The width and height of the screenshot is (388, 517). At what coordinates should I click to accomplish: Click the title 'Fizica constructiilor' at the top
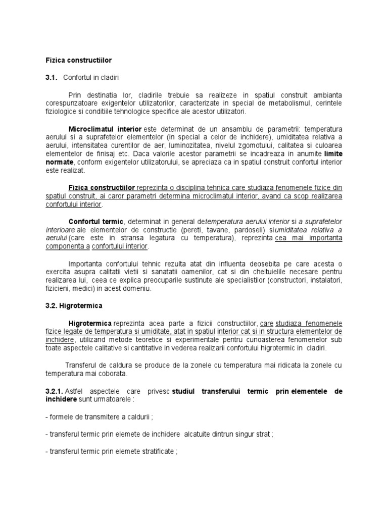tap(78, 60)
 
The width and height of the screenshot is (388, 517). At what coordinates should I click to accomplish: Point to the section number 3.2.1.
tap(54, 391)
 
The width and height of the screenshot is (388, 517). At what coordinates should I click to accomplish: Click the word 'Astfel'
tap(75, 391)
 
